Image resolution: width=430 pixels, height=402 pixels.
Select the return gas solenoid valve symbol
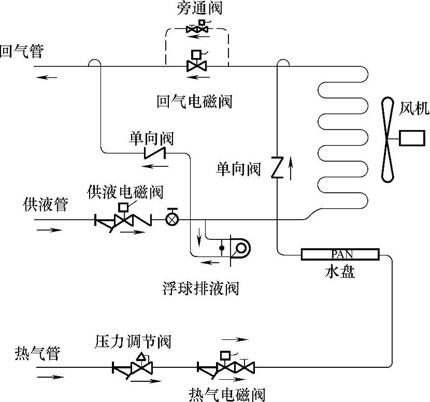196,63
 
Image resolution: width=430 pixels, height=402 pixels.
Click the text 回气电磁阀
194,101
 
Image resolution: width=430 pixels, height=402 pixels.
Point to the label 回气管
22,52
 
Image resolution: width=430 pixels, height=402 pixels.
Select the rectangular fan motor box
412,138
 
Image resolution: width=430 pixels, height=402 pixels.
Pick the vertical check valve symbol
277,167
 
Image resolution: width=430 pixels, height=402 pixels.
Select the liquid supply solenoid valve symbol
123,218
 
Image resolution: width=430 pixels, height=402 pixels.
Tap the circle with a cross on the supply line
171,219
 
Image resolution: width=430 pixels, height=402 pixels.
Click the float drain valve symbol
236,248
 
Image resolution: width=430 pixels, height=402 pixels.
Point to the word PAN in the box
340,253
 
